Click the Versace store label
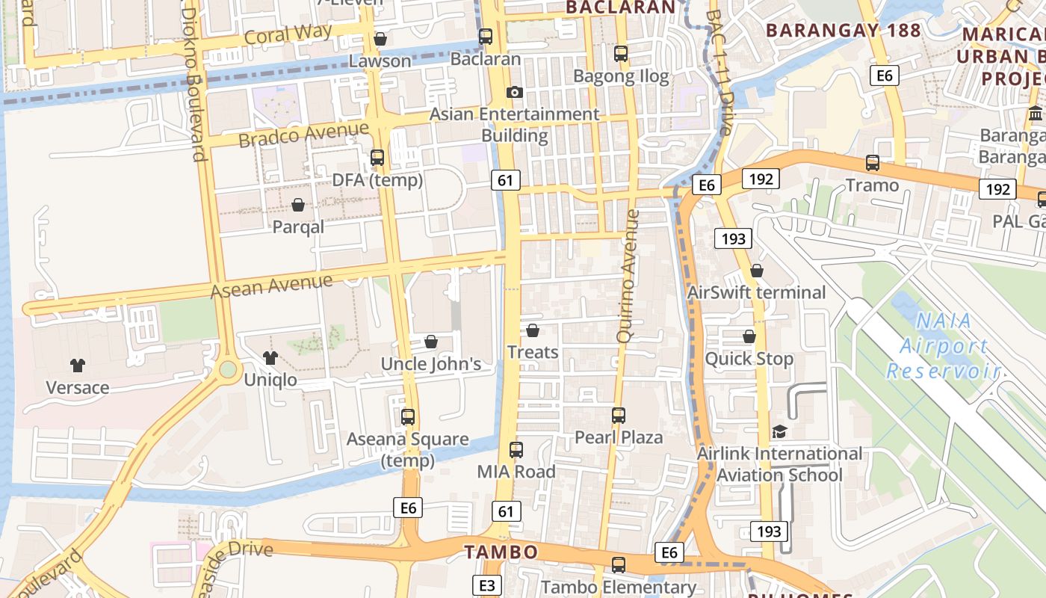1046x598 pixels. coord(78,387)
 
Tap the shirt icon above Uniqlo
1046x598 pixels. coord(270,358)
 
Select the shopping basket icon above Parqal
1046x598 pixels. coord(298,205)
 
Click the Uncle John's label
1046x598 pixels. coord(431,364)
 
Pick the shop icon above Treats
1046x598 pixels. coord(533,330)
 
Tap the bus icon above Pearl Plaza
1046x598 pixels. coord(619,416)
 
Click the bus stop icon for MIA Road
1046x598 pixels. coord(516,450)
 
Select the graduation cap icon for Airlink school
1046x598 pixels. coord(779,432)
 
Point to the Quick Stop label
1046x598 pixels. coord(749,359)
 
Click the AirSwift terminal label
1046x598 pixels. coord(756,292)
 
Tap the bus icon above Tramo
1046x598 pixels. coord(872,163)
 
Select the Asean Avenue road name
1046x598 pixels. coord(271,286)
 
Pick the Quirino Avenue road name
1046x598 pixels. coord(628,276)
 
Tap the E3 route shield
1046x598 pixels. coord(486,585)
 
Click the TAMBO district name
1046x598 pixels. coord(501,552)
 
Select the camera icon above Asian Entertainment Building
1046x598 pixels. coord(514,92)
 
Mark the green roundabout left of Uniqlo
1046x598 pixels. coord(228,369)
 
